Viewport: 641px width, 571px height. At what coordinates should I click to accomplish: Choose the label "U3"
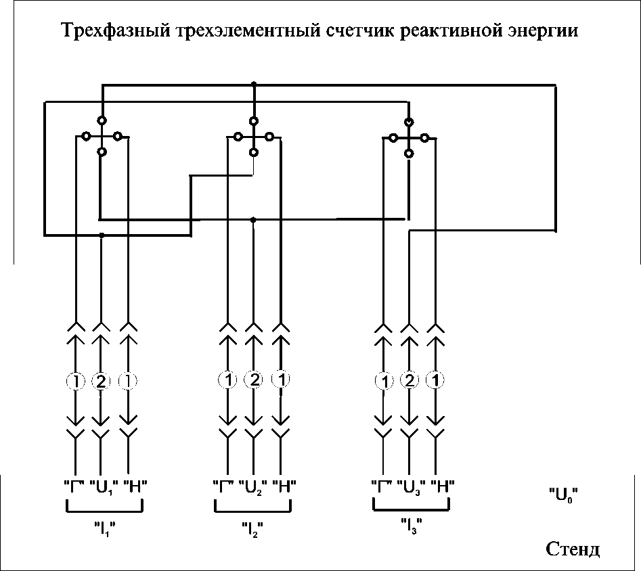[x=410, y=486]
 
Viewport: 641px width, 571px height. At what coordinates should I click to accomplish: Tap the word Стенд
[x=573, y=549]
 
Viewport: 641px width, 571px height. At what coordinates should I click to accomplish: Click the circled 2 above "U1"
[x=101, y=382]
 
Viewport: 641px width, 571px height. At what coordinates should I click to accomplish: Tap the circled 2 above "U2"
[x=254, y=380]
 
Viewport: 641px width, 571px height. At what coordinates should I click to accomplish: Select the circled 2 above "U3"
[x=409, y=381]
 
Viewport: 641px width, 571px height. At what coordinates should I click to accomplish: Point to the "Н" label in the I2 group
[x=284, y=486]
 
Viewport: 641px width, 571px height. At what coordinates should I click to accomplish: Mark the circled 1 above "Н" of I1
[x=128, y=382]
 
